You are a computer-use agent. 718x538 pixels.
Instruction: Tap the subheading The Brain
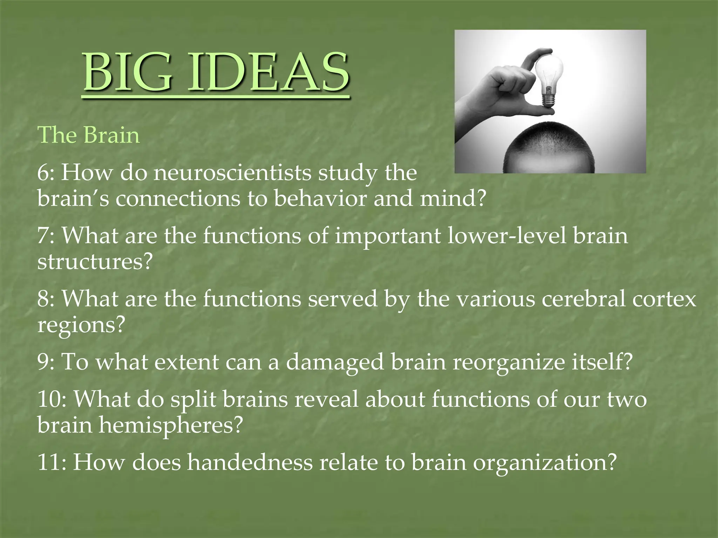point(88,135)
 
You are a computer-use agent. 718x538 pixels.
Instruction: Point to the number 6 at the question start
point(43,173)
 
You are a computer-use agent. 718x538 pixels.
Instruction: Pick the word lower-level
point(507,236)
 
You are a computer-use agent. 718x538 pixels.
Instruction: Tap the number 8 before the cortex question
point(43,299)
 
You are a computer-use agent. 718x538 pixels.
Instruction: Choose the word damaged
point(335,362)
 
